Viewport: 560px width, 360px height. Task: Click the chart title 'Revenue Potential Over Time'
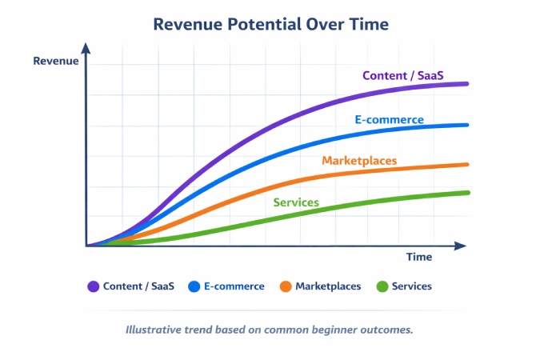[271, 25]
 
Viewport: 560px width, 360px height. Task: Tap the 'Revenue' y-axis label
[56, 61]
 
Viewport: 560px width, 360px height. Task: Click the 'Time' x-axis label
[418, 257]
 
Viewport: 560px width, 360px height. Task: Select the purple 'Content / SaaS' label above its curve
[403, 76]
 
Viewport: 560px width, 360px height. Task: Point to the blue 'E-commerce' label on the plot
[390, 120]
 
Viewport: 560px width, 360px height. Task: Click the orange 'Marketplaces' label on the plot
[359, 161]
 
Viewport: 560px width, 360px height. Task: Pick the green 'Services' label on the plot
[296, 202]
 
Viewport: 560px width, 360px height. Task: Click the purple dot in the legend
[93, 286]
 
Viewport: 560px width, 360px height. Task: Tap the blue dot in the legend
[194, 286]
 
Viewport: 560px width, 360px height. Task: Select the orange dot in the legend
[285, 286]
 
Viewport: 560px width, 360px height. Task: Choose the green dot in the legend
[382, 286]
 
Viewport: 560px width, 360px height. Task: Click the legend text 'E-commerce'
[234, 286]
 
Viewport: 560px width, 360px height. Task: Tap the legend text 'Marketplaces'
[328, 286]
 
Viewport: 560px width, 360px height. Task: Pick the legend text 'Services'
[412, 286]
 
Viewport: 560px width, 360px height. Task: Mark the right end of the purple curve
[467, 83]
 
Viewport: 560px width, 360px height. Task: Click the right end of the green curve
[467, 192]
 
